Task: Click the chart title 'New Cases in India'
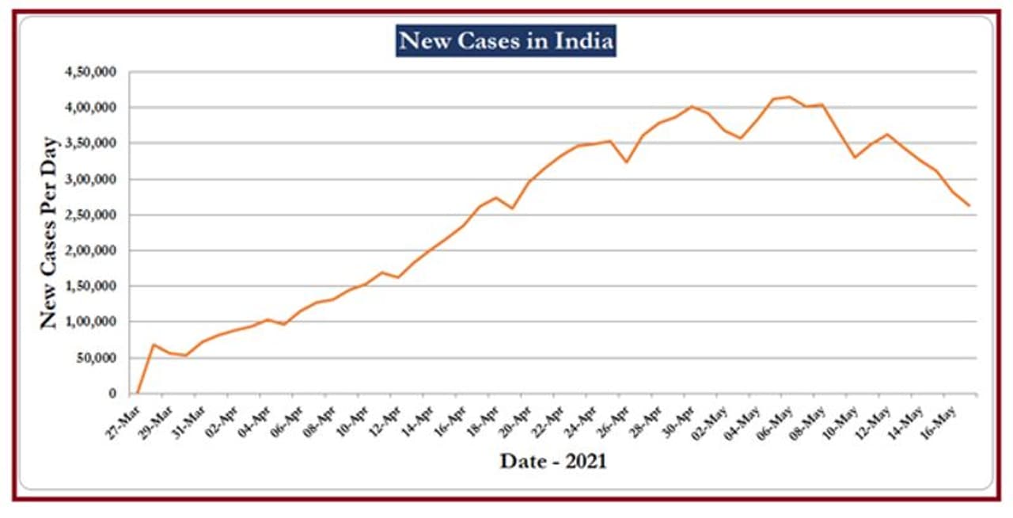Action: [506, 40]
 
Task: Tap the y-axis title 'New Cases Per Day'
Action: [49, 234]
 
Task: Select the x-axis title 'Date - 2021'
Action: [553, 461]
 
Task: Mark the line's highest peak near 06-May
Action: [788, 97]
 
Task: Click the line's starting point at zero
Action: [138, 393]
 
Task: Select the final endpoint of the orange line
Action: [969, 206]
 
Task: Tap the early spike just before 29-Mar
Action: [154, 345]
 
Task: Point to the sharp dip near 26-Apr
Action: [626, 162]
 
